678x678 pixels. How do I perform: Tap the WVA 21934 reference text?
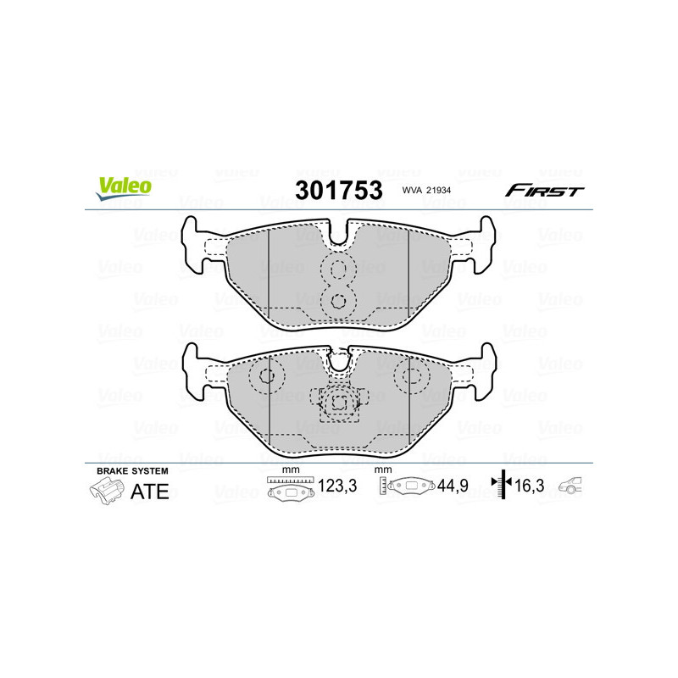tap(433, 192)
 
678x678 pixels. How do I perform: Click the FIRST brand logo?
tap(544, 191)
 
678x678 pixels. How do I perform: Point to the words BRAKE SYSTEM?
tap(132, 470)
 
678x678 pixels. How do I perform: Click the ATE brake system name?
tap(149, 492)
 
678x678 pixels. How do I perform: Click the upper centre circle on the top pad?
tap(339, 270)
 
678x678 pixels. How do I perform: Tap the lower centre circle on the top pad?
tap(339, 299)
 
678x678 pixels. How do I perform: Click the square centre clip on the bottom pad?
tap(338, 403)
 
